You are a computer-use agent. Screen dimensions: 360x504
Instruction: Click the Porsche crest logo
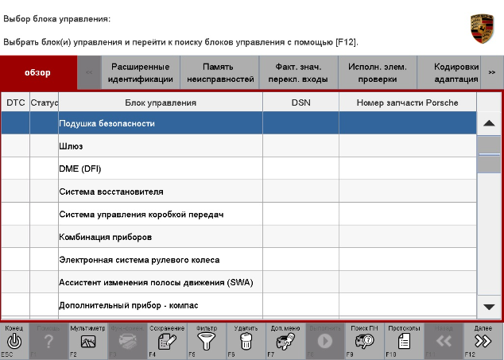(x=482, y=29)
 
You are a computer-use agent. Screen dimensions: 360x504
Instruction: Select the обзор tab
(x=38, y=72)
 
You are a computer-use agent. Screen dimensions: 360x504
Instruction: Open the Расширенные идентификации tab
(x=140, y=73)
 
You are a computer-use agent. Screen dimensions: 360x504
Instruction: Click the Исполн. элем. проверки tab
(x=372, y=73)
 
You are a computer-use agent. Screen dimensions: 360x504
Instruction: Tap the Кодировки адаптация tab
(x=456, y=73)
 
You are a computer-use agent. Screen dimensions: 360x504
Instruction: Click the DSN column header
(x=300, y=103)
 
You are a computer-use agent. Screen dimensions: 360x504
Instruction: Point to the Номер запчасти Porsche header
(x=408, y=103)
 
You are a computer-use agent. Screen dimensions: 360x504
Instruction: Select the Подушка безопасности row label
(x=107, y=124)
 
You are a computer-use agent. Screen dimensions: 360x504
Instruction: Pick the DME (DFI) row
(x=80, y=168)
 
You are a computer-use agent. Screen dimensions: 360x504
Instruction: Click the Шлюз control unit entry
(x=71, y=146)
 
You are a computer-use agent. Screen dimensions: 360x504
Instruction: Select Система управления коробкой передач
(x=142, y=215)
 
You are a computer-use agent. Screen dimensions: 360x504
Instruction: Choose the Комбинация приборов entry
(x=106, y=237)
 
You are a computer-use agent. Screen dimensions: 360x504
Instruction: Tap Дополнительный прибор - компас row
(x=128, y=305)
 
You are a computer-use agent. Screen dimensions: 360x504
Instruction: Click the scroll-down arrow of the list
(x=489, y=306)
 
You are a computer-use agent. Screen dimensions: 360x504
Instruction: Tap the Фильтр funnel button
(x=207, y=340)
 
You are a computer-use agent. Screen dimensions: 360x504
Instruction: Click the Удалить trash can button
(x=246, y=340)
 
